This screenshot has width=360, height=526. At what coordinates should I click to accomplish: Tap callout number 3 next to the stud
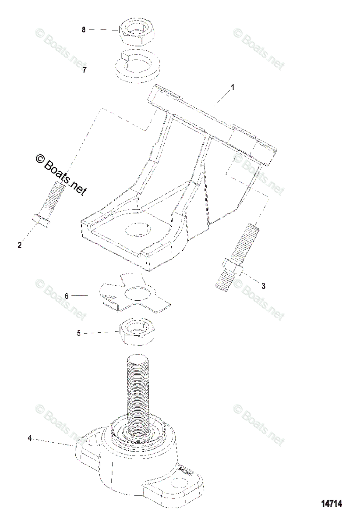point(263,286)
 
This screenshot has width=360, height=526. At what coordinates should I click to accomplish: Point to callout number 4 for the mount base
point(30,438)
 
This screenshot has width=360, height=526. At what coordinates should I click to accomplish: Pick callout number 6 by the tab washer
point(67,296)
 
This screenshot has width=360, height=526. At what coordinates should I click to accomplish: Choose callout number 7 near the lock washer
point(85,70)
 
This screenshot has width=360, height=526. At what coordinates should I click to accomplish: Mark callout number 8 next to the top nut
point(84,29)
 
